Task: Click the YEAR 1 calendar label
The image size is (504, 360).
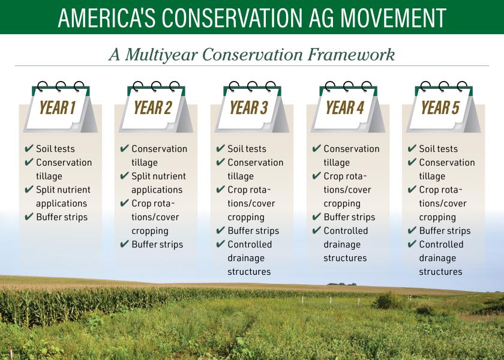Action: coord(58,108)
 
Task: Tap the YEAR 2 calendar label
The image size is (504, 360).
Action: coord(153,108)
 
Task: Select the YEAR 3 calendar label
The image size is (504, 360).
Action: coord(249,108)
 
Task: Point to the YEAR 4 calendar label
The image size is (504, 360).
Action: coord(345,108)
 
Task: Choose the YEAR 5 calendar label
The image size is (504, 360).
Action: coord(440,108)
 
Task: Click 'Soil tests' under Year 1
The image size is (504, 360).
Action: coord(56,149)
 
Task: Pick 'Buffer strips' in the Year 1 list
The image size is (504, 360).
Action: coord(62,217)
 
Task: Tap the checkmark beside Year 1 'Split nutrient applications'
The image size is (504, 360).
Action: coord(28,190)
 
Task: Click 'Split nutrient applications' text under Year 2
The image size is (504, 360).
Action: coord(158,183)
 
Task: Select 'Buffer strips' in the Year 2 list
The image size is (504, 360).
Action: coord(157,244)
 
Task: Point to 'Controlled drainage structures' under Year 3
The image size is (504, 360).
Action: coord(250,258)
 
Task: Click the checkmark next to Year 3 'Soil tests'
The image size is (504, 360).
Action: coord(220,149)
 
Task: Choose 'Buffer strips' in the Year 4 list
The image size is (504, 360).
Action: coord(349,217)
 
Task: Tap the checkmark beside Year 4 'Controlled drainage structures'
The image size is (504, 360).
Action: coord(316,231)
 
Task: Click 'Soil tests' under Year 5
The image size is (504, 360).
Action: coord(439,149)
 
